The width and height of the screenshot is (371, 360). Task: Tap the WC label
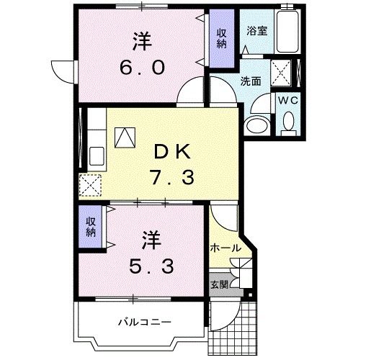(x=288, y=100)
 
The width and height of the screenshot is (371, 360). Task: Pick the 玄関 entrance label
(x=219, y=284)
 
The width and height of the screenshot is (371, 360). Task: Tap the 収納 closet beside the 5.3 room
(x=91, y=227)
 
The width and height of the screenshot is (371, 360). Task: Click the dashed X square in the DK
(x=91, y=185)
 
